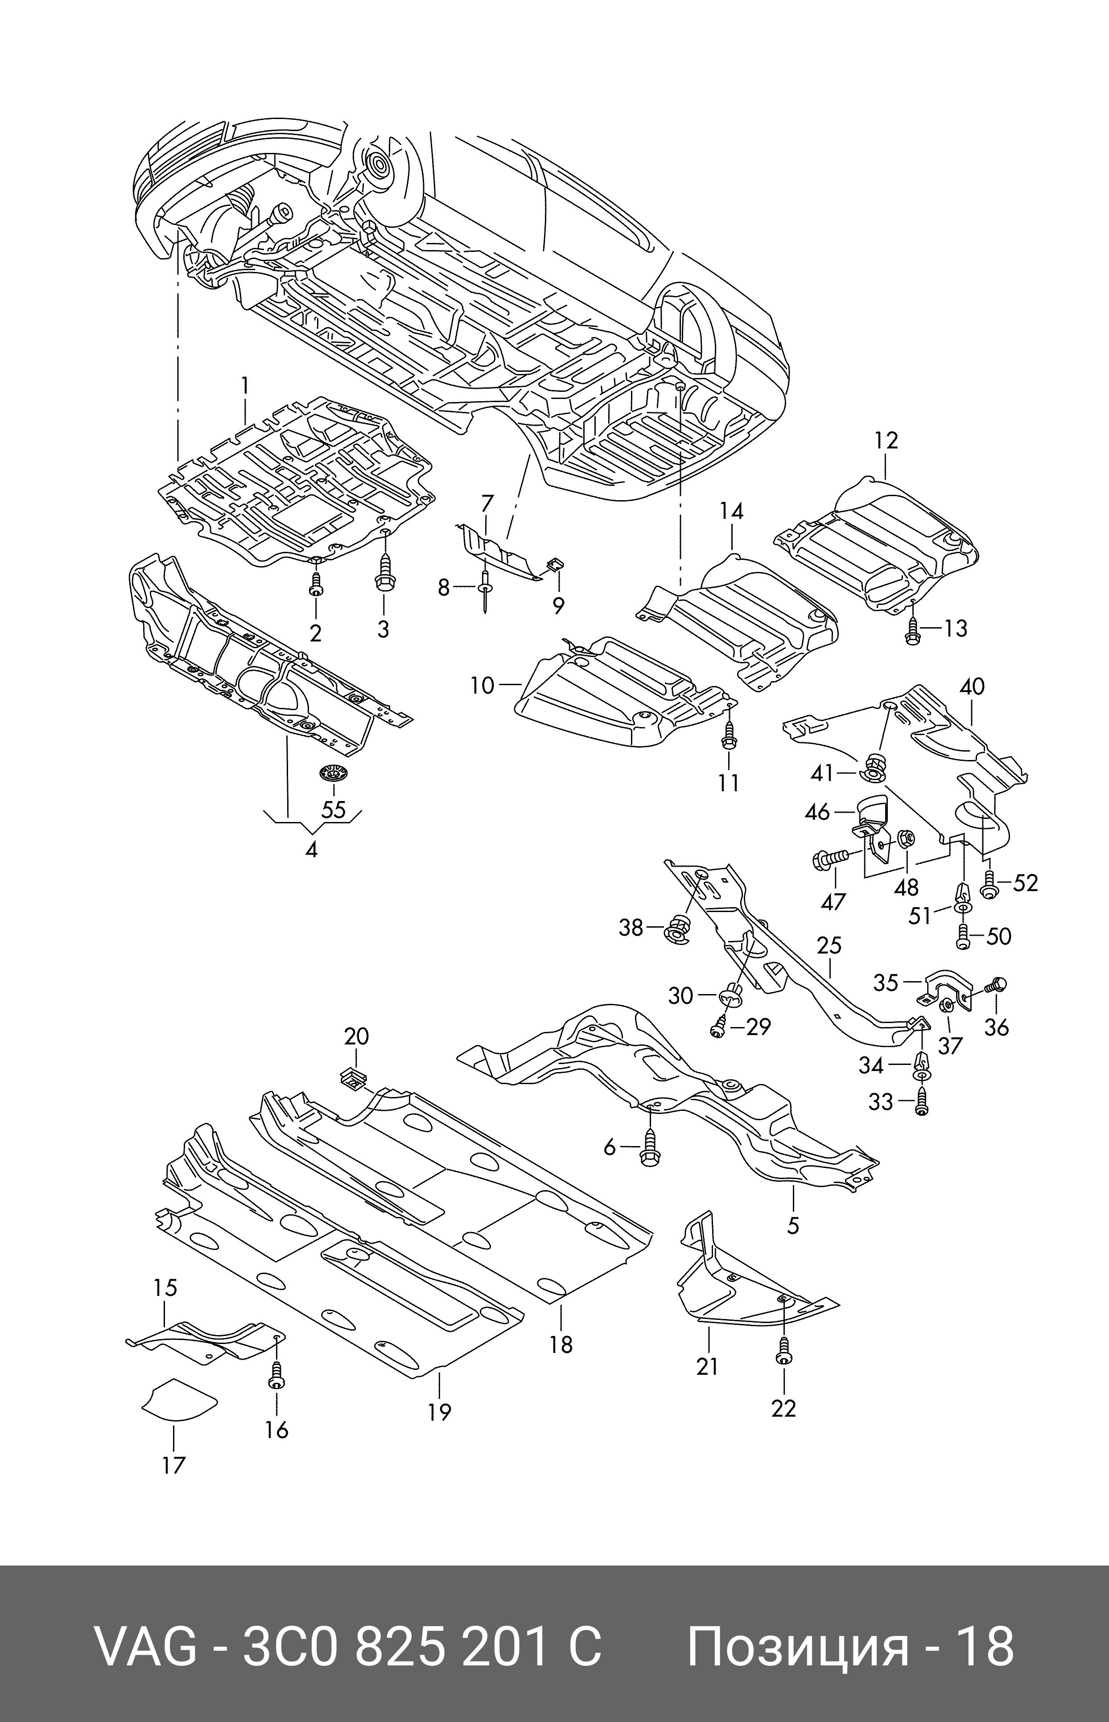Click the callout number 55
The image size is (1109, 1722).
pyautogui.click(x=334, y=810)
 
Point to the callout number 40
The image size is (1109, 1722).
pyautogui.click(x=972, y=687)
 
